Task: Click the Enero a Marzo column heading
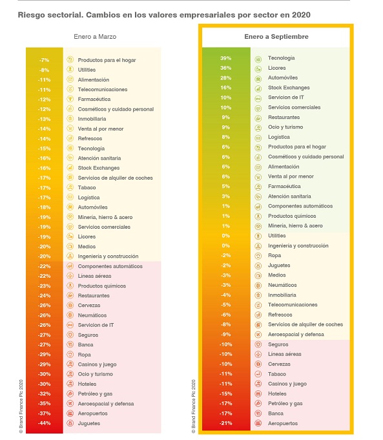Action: (95, 37)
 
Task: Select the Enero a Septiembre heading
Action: (276, 37)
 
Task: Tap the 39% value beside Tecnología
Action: (225, 58)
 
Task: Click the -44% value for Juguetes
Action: (45, 423)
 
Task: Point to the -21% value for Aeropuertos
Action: (226, 423)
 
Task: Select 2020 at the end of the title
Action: (301, 15)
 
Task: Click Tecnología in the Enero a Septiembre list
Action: (281, 58)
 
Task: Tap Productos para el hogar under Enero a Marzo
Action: (107, 60)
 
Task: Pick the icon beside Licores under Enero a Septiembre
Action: (258, 69)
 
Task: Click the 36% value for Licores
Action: (225, 68)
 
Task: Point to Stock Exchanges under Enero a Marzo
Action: (98, 168)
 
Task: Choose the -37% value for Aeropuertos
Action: (45, 414)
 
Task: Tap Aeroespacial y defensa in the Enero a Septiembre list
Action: (296, 335)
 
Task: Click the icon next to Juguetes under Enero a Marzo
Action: (70, 423)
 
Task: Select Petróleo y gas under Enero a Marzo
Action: (95, 393)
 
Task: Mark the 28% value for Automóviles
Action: (225, 78)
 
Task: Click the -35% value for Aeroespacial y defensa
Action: (45, 404)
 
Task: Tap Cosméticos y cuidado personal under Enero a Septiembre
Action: (306, 156)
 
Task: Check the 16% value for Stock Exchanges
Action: (225, 88)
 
